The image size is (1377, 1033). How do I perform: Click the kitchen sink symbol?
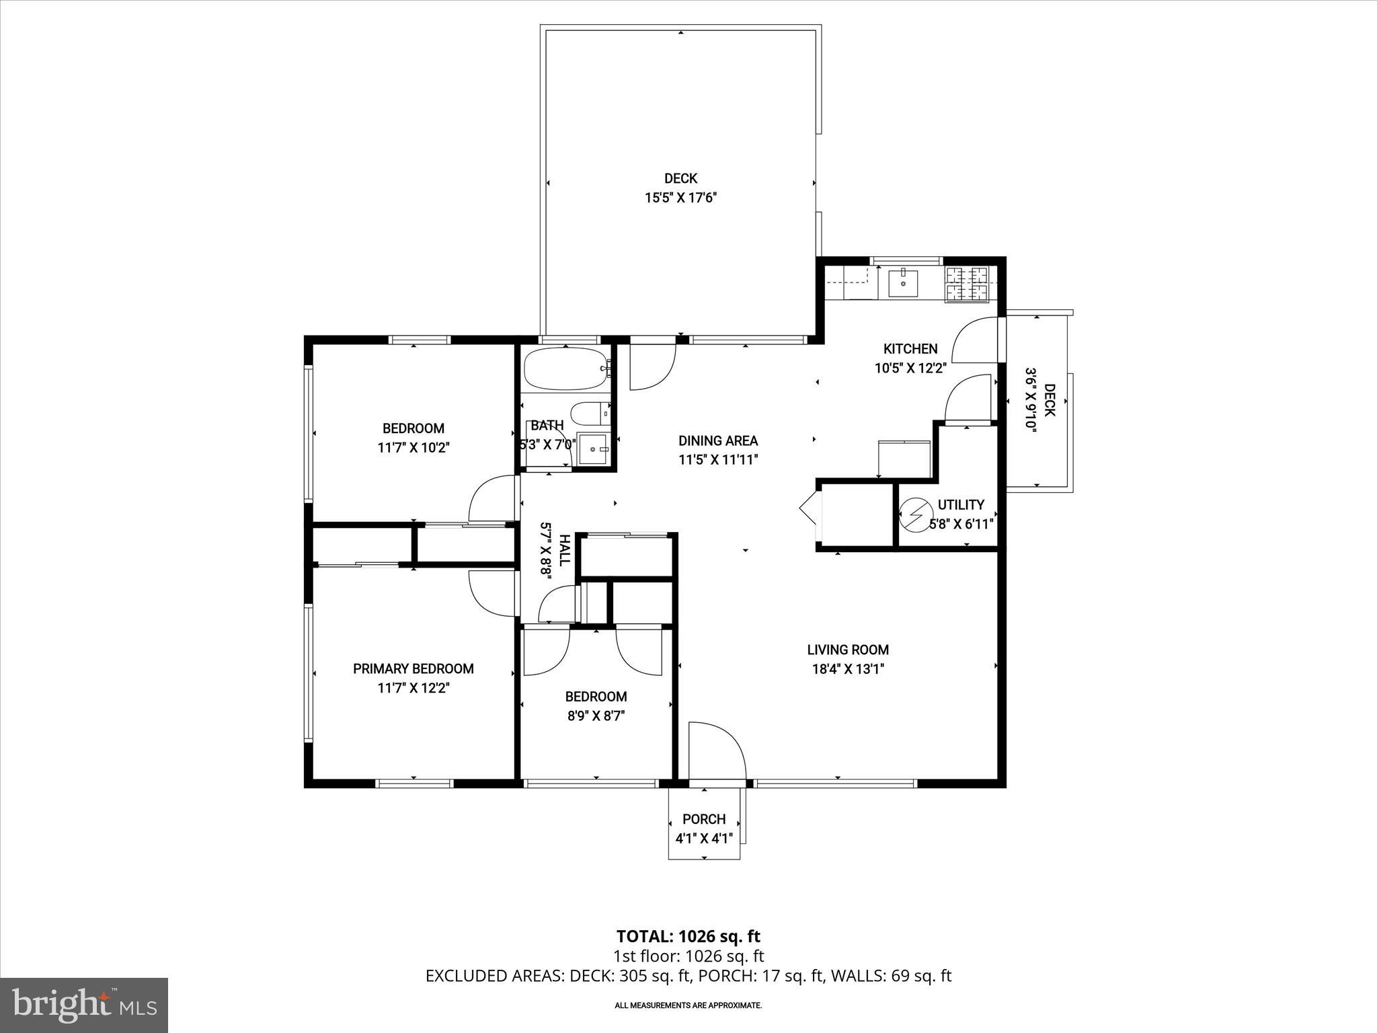point(902,283)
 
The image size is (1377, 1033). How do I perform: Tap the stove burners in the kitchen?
point(967,284)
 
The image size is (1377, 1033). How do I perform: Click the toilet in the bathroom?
point(590,414)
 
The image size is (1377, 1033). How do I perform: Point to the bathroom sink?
point(592,448)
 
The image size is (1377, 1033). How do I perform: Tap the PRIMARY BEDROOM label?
point(413,668)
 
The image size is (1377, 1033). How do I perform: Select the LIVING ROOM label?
point(848,650)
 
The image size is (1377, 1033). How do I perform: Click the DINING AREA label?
point(717,441)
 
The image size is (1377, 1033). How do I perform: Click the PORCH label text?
point(704,819)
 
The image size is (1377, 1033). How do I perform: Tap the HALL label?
point(565,549)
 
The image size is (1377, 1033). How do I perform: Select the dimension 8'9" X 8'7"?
point(596,716)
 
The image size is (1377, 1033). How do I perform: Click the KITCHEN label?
point(910,349)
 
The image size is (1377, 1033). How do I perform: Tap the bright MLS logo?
point(84,1005)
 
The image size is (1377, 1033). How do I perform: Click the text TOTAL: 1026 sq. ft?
point(688,936)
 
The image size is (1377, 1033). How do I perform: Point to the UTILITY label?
point(961,504)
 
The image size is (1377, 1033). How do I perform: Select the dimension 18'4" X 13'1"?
point(848,669)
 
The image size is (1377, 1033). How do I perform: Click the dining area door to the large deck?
point(652,367)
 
